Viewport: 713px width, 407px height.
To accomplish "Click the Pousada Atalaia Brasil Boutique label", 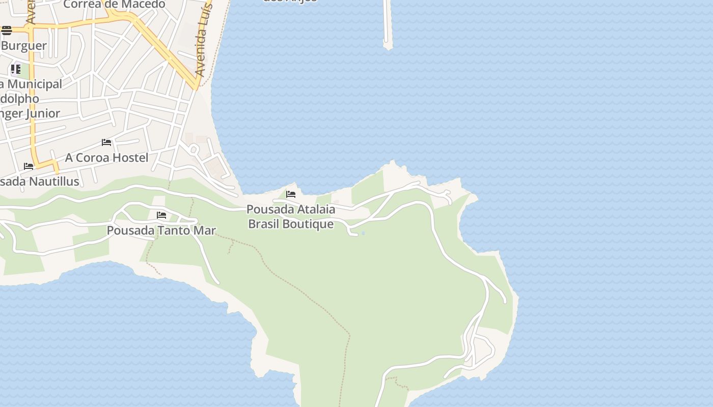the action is coord(291,216).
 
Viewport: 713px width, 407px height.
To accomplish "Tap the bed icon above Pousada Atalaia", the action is coord(291,194).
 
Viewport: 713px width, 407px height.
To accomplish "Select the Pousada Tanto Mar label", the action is coord(161,230).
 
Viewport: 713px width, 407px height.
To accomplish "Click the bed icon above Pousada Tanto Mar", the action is coord(161,215).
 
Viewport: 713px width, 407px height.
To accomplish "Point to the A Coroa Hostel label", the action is coord(106,158).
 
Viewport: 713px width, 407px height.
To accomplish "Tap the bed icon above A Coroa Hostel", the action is coord(106,142).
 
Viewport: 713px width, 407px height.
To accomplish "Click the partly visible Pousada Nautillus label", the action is coord(40,182).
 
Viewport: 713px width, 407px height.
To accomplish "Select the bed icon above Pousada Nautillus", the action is coord(29,166).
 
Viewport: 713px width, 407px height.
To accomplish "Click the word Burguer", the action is coord(24,46).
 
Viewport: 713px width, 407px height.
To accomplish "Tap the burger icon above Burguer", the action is coord(6,31).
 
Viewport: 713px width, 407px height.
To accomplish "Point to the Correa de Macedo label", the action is coord(115,5).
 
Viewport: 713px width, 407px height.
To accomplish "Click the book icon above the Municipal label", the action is coord(16,69).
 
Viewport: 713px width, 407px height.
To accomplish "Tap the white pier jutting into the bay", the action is coord(387,25).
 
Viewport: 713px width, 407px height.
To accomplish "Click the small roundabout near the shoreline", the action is coord(194,150).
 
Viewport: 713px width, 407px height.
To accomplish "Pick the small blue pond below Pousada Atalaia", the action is coord(363,234).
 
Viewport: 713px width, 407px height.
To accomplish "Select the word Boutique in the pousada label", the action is coord(308,224).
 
